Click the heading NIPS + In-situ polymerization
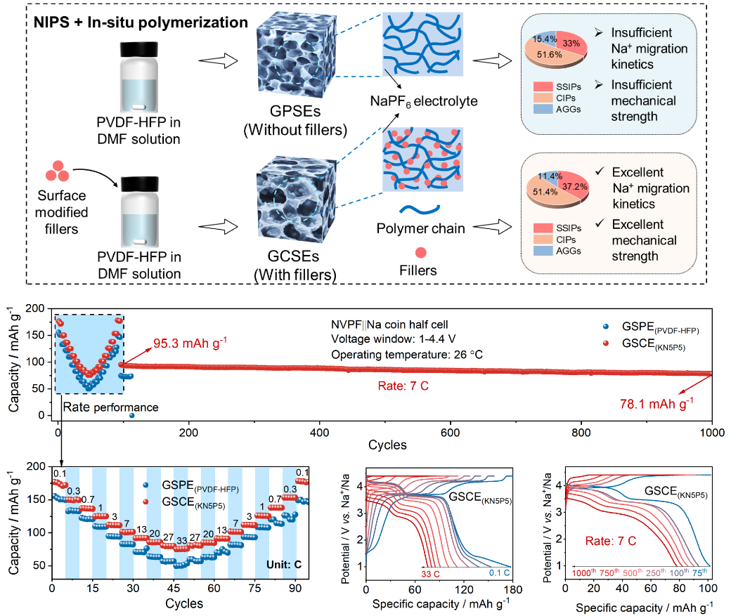pyautogui.click(x=141, y=22)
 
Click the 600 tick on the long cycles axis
pyautogui.click(x=451, y=430)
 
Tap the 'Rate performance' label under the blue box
pyautogui.click(x=111, y=407)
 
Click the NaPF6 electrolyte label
pyautogui.click(x=424, y=102)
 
